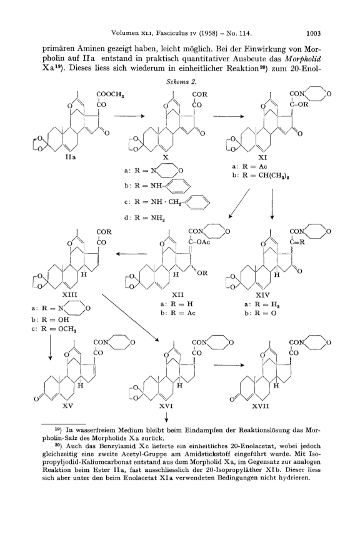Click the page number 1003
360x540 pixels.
pyautogui.click(x=313, y=33)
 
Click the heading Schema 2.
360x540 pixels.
pyautogui.click(x=181, y=82)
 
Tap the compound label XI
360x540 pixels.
pyautogui.click(x=263, y=157)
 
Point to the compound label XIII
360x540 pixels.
pyautogui.click(x=69, y=295)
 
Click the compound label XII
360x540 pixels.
pyautogui.click(x=177, y=295)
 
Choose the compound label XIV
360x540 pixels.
pyautogui.click(x=262, y=295)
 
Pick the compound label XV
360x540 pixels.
pyautogui.click(x=67, y=406)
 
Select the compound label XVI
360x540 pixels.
pyautogui.click(x=166, y=406)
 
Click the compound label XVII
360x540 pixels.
pyautogui.click(x=260, y=406)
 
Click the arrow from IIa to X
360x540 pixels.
pyautogui.click(x=129, y=116)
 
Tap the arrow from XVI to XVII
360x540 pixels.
pyautogui.click(x=229, y=365)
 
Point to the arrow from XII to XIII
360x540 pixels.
pyautogui.click(x=131, y=254)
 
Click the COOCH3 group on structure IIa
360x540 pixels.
pyautogui.click(x=110, y=94)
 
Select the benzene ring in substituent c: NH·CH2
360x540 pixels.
pyautogui.click(x=196, y=202)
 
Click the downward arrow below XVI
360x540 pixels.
pyautogui.click(x=166, y=417)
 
